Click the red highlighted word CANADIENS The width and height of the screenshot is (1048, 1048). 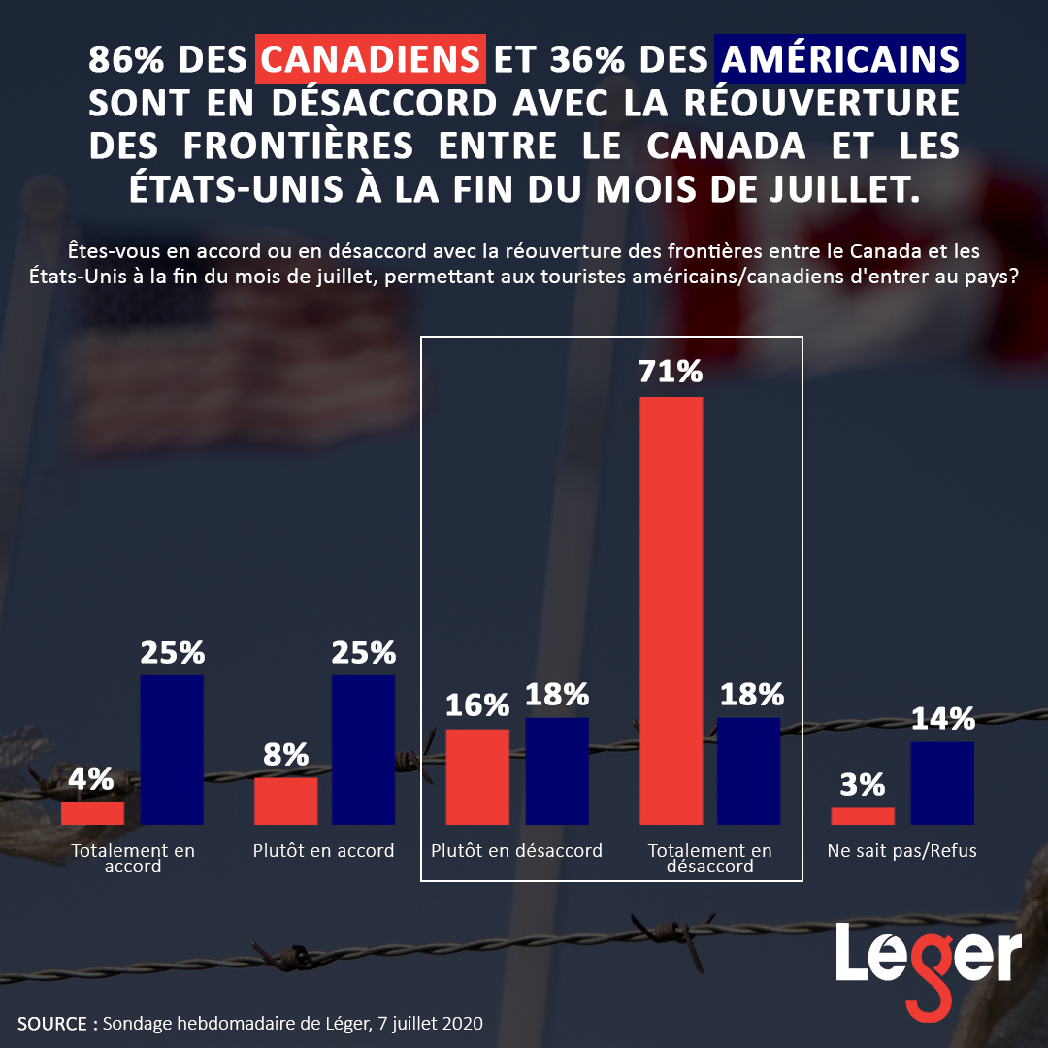click(x=371, y=60)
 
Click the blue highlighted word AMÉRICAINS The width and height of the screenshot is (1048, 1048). click(x=840, y=60)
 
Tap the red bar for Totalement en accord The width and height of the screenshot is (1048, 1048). click(x=92, y=813)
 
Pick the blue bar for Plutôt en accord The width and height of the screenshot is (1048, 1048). click(x=363, y=749)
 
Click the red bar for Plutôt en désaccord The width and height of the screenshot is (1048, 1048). click(x=477, y=776)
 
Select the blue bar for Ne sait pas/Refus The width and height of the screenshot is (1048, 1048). click(x=941, y=783)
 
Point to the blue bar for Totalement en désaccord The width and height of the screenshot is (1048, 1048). click(x=748, y=770)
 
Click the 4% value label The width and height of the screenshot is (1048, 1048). click(x=91, y=779)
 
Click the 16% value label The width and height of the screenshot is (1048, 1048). click(x=477, y=705)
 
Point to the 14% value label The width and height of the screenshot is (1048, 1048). click(x=942, y=719)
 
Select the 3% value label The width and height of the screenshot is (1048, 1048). click(x=863, y=784)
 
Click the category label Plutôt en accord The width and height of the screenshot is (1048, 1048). click(x=323, y=851)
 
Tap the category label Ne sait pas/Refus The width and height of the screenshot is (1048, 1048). click(x=901, y=851)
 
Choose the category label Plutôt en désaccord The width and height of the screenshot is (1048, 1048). click(x=516, y=851)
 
